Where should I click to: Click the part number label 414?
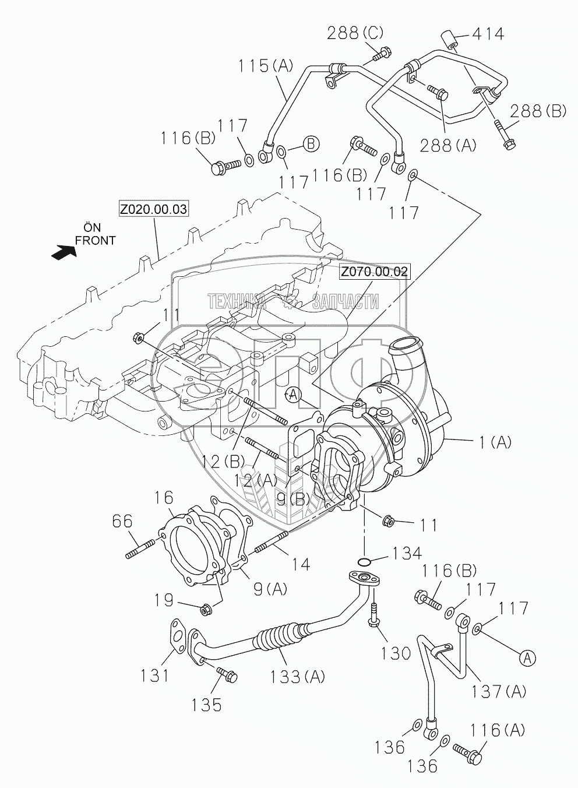(x=488, y=34)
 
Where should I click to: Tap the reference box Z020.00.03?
(x=153, y=210)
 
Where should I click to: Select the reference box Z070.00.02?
(x=373, y=271)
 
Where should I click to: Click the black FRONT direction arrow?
(x=64, y=252)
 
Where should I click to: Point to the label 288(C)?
(x=355, y=34)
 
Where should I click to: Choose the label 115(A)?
(x=266, y=66)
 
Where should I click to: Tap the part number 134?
(x=407, y=553)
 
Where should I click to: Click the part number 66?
(x=122, y=520)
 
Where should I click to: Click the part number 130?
(x=395, y=653)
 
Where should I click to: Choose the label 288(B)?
(x=538, y=111)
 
